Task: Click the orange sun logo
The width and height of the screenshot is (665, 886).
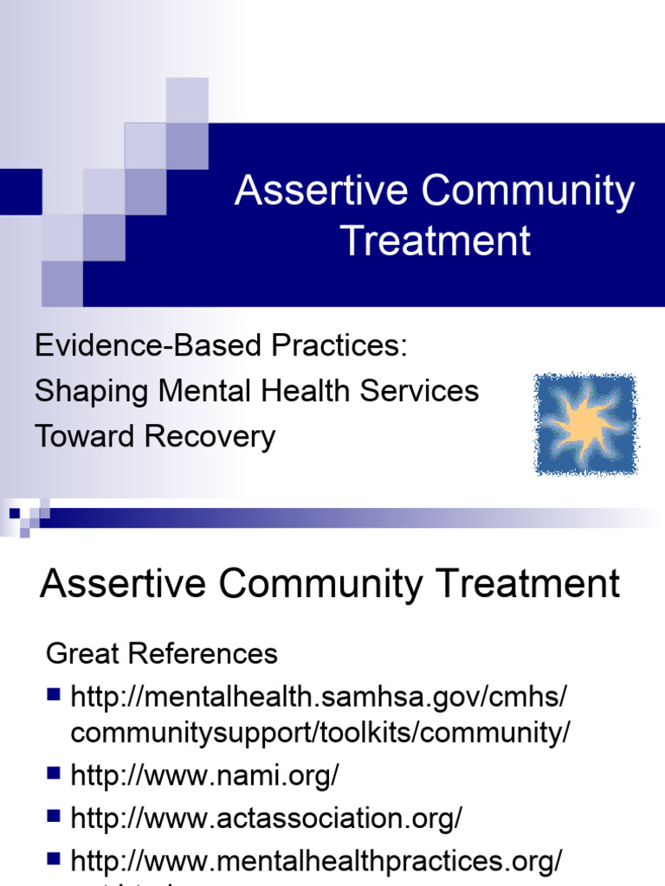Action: (586, 424)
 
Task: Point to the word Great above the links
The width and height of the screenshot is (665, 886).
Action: (81, 653)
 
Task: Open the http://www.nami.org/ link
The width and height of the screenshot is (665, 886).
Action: (204, 775)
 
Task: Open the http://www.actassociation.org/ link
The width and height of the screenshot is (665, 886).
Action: (266, 816)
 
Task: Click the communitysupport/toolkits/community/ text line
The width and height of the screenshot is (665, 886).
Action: (320, 733)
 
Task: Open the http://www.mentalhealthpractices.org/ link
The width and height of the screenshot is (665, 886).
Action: (317, 860)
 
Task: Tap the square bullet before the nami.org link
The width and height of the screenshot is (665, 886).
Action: (54, 773)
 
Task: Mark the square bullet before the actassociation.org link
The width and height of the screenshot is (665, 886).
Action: (54, 814)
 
